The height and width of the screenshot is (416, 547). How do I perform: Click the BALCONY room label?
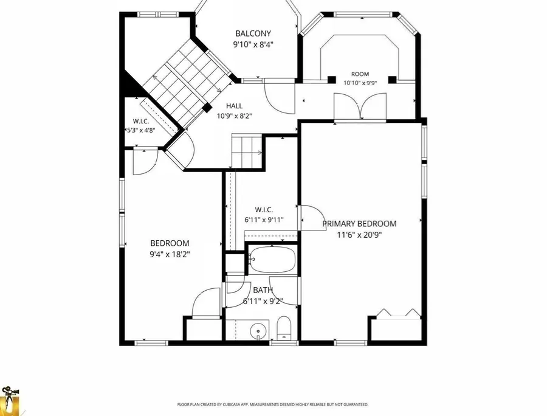click(x=253, y=33)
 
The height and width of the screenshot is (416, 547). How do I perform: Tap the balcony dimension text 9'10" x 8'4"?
click(x=253, y=44)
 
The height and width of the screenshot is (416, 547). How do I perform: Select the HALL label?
click(x=234, y=106)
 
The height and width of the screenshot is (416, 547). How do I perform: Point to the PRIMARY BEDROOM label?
click(x=359, y=224)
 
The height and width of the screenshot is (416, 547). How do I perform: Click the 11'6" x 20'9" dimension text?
click(x=359, y=235)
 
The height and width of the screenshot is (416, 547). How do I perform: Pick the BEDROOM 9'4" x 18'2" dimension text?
click(x=170, y=254)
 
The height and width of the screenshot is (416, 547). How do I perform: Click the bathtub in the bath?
click(x=272, y=259)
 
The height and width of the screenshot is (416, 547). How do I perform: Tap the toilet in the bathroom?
click(x=284, y=328)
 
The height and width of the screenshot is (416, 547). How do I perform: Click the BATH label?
click(x=263, y=290)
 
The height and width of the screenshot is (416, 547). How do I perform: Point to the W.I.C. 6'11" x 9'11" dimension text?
click(x=264, y=220)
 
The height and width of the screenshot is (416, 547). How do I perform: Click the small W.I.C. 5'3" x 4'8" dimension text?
click(x=140, y=130)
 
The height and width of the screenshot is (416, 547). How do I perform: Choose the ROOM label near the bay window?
click(x=360, y=74)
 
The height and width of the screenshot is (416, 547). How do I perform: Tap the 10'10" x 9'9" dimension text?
click(x=360, y=83)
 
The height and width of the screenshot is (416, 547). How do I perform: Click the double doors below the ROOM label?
click(x=360, y=107)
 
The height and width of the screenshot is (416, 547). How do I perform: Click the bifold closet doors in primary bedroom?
click(x=398, y=314)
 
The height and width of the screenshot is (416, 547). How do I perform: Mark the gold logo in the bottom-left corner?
click(x=10, y=401)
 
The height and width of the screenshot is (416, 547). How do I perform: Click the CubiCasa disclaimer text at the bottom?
click(x=273, y=405)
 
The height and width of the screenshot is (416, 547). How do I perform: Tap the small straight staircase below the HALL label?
click(x=247, y=151)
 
